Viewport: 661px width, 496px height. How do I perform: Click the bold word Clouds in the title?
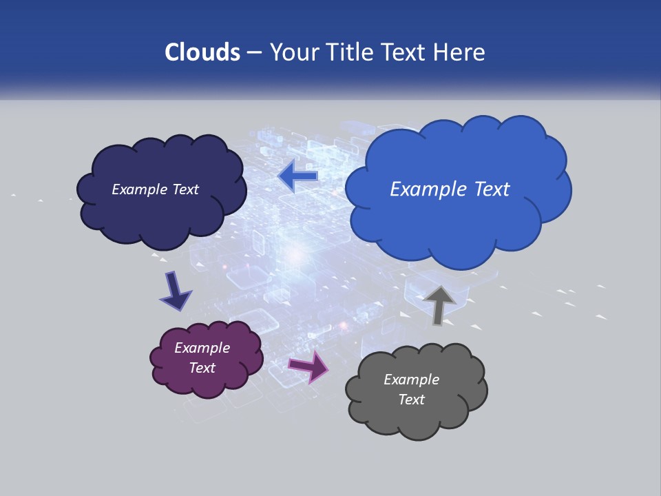[202, 52]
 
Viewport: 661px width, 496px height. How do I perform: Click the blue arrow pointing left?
[298, 176]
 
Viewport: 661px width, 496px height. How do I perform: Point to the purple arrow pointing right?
[308, 366]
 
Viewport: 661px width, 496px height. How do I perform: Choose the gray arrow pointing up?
[439, 304]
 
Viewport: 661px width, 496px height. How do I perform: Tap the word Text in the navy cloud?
[184, 189]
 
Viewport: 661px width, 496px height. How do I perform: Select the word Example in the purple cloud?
[202, 348]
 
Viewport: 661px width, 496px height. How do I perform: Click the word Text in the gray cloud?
[412, 400]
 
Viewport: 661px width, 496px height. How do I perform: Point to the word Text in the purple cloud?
[202, 368]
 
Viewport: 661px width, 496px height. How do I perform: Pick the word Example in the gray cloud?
[412, 380]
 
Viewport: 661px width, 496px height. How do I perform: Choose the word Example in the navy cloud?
[139, 189]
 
